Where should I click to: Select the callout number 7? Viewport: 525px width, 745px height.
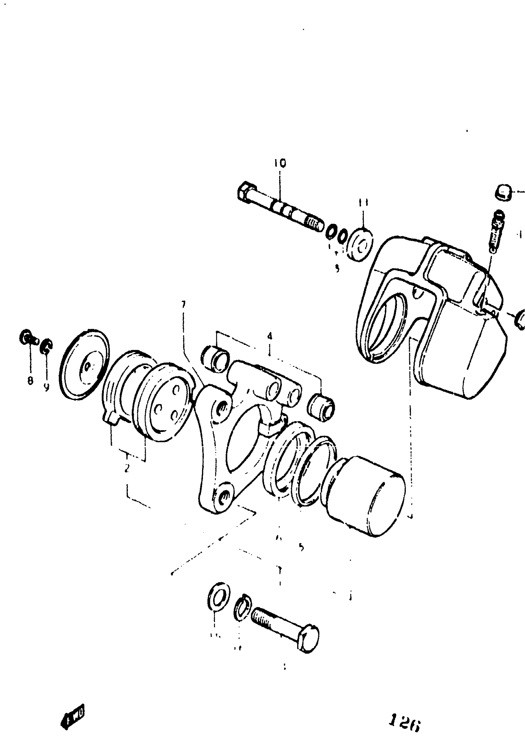click(x=183, y=304)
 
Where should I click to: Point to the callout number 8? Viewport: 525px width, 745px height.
click(x=30, y=381)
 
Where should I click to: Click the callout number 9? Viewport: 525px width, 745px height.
click(x=46, y=387)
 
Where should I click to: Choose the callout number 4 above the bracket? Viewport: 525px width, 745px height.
click(x=270, y=336)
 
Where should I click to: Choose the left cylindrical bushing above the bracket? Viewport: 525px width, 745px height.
click(x=216, y=358)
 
